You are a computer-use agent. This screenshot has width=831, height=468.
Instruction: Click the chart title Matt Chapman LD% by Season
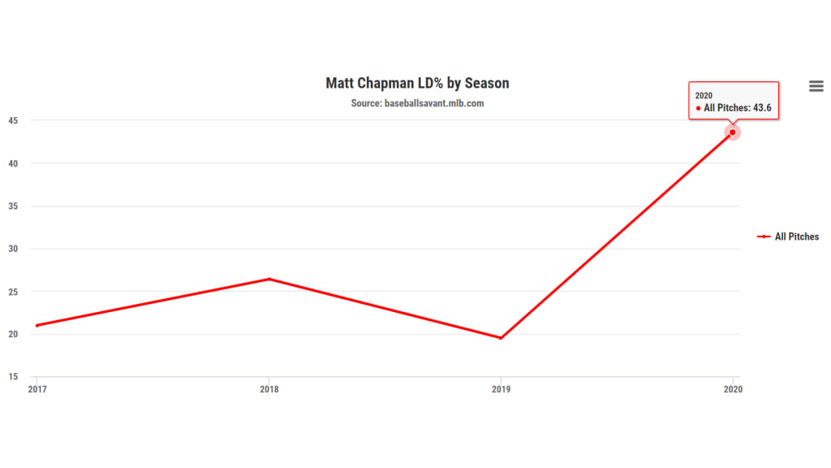pyautogui.click(x=417, y=83)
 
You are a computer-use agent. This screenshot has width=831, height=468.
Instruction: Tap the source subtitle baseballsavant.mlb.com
pyautogui.click(x=417, y=103)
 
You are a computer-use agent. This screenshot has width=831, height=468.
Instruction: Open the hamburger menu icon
pyautogui.click(x=816, y=86)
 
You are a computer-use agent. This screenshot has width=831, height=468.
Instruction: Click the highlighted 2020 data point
pyautogui.click(x=733, y=132)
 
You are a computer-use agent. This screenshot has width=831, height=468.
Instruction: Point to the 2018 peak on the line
pyautogui.click(x=269, y=279)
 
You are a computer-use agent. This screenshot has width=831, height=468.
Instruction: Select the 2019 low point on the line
pyautogui.click(x=501, y=338)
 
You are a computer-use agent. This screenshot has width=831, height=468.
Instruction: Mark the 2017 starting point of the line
pyautogui.click(x=37, y=325)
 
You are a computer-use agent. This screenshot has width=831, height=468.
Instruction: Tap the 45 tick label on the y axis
pyautogui.click(x=14, y=120)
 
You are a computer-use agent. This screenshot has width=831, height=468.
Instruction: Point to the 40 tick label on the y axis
pyautogui.click(x=14, y=163)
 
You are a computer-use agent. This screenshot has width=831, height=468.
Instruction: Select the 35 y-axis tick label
pyautogui.click(x=14, y=206)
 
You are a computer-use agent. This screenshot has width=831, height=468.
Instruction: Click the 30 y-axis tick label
pyautogui.click(x=14, y=249)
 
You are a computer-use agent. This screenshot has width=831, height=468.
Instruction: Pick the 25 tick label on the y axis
pyautogui.click(x=14, y=292)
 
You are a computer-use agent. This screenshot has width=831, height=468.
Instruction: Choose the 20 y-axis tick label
pyautogui.click(x=14, y=334)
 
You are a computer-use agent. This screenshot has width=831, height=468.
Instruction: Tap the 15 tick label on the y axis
pyautogui.click(x=14, y=377)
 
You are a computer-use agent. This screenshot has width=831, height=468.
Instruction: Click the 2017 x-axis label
pyautogui.click(x=37, y=389)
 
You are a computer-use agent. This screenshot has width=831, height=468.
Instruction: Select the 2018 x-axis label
pyautogui.click(x=269, y=389)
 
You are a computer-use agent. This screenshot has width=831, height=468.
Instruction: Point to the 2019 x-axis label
pyautogui.click(x=501, y=389)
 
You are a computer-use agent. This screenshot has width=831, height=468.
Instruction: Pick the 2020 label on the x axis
pyautogui.click(x=733, y=389)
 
